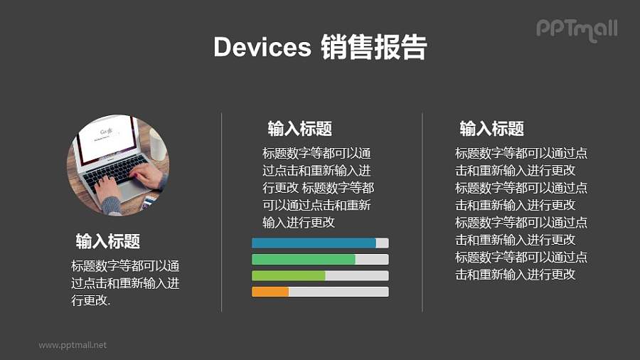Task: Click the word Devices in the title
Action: click(x=262, y=47)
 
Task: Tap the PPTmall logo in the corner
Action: click(x=577, y=29)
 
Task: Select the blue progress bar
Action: click(x=314, y=243)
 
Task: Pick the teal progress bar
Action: click(x=304, y=260)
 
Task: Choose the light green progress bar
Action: click(x=289, y=275)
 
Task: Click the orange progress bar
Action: click(x=270, y=292)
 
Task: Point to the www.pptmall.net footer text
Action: click(x=73, y=345)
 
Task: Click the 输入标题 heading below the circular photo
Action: click(x=108, y=241)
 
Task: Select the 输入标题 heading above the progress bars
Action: click(x=299, y=129)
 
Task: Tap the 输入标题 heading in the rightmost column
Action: click(x=491, y=129)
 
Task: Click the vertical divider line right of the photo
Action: click(x=222, y=212)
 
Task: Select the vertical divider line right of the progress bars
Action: click(x=422, y=212)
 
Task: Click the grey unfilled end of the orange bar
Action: click(x=338, y=292)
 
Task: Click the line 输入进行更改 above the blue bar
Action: click(x=299, y=223)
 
